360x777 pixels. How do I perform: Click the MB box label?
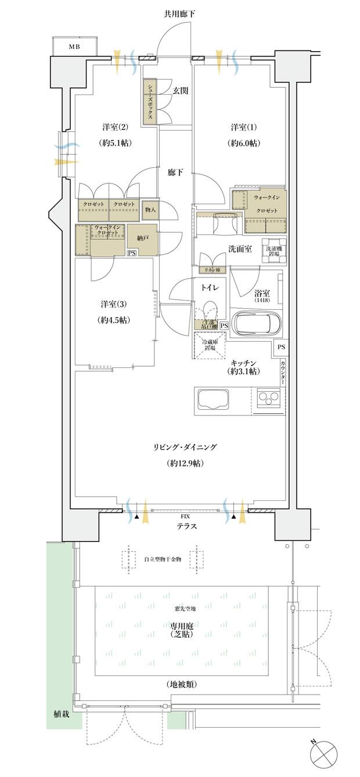(x=75, y=46)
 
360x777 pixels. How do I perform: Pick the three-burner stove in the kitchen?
(x=268, y=399)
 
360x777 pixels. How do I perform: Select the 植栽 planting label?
(x=58, y=713)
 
